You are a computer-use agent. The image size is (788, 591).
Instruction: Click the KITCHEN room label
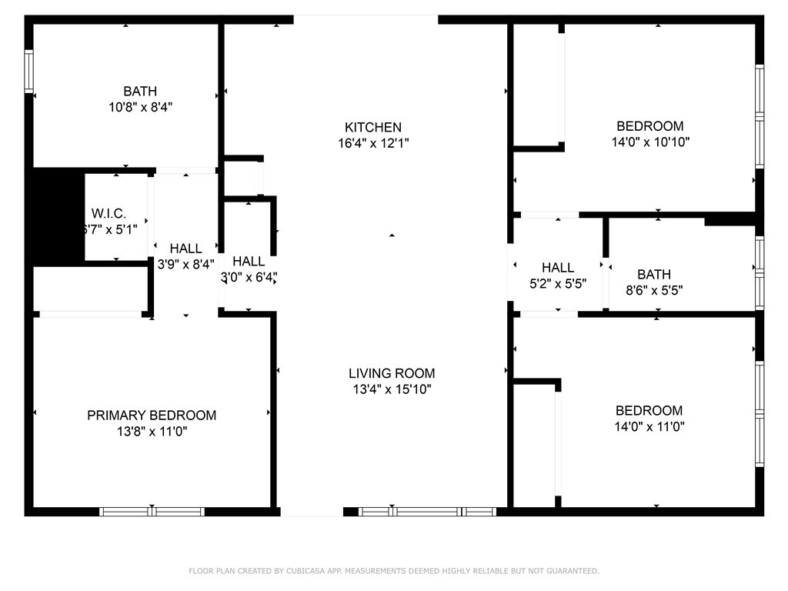[372, 127]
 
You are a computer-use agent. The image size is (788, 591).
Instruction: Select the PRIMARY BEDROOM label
[152, 415]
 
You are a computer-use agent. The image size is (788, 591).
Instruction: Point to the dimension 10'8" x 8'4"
[140, 108]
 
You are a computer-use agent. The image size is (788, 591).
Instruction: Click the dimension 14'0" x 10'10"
[649, 142]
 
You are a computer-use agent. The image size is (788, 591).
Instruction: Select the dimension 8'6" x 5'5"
[653, 291]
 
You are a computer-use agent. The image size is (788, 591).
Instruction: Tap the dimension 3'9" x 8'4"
[185, 264]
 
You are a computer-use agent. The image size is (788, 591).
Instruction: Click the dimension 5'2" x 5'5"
[557, 283]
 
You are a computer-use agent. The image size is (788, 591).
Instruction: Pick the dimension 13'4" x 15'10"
[390, 389]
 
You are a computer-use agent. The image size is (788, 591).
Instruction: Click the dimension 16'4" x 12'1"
[372, 143]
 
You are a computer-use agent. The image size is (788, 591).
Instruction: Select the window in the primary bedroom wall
[152, 511]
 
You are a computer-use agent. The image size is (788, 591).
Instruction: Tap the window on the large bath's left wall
[29, 72]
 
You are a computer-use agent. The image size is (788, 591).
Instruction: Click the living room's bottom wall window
[428, 511]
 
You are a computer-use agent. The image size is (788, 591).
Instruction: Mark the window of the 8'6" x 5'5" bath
[760, 272]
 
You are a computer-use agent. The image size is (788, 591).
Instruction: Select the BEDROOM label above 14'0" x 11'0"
[649, 410]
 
